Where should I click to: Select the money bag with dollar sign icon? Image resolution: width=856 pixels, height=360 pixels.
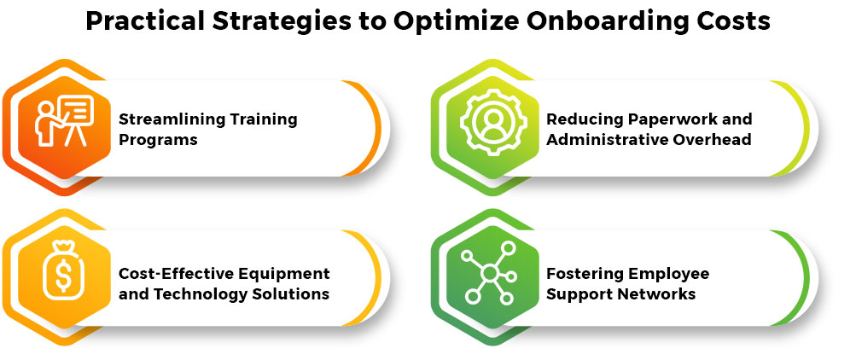[x=62, y=272]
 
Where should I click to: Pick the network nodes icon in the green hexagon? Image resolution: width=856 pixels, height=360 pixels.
[x=489, y=273]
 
